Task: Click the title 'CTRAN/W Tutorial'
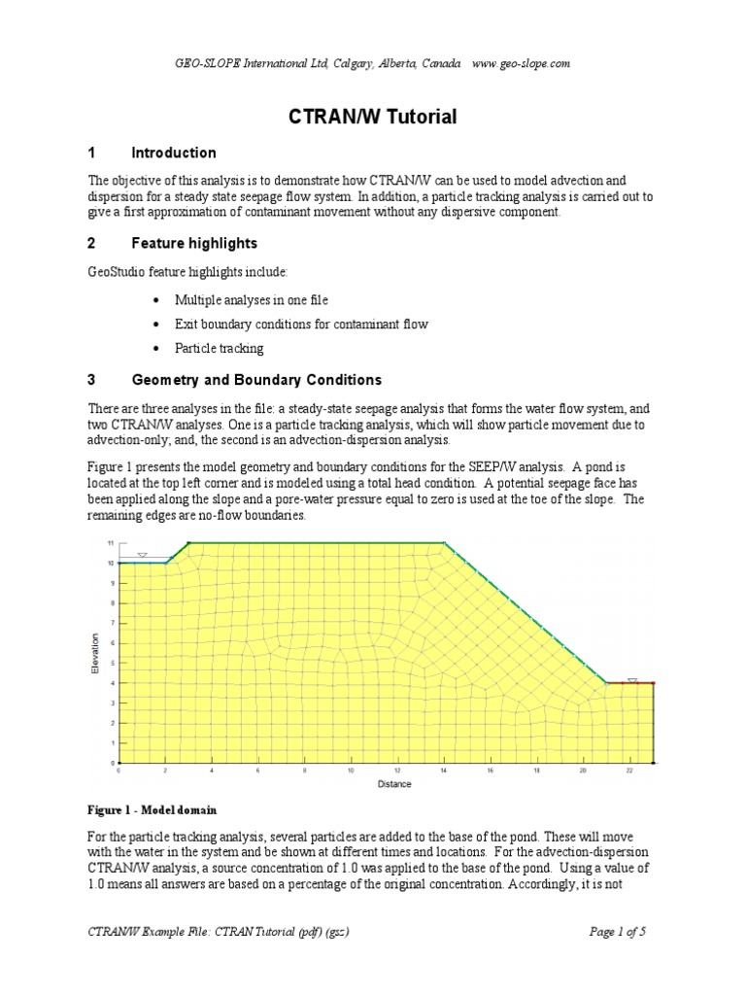click(373, 118)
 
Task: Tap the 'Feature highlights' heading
click(193, 243)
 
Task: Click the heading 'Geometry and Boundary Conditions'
click(256, 380)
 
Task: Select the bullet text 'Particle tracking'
click(219, 348)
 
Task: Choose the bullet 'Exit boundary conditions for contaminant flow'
click(301, 324)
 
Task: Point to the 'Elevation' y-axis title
click(95, 654)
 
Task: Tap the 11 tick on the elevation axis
click(110, 542)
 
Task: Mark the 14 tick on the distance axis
click(444, 772)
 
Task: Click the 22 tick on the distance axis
click(629, 772)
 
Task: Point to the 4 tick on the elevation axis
click(111, 683)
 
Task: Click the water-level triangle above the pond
click(142, 555)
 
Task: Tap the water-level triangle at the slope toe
click(632, 679)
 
